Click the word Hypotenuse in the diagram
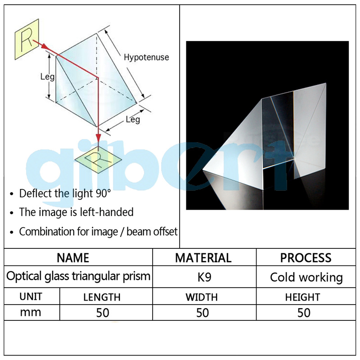coord(146,57)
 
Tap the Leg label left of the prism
coord(47,76)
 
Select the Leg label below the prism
coord(132,119)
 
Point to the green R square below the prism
coord(99,157)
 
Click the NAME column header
coord(73,258)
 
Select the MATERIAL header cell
coord(203,258)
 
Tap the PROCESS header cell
coord(306,258)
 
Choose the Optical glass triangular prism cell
coord(78,276)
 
